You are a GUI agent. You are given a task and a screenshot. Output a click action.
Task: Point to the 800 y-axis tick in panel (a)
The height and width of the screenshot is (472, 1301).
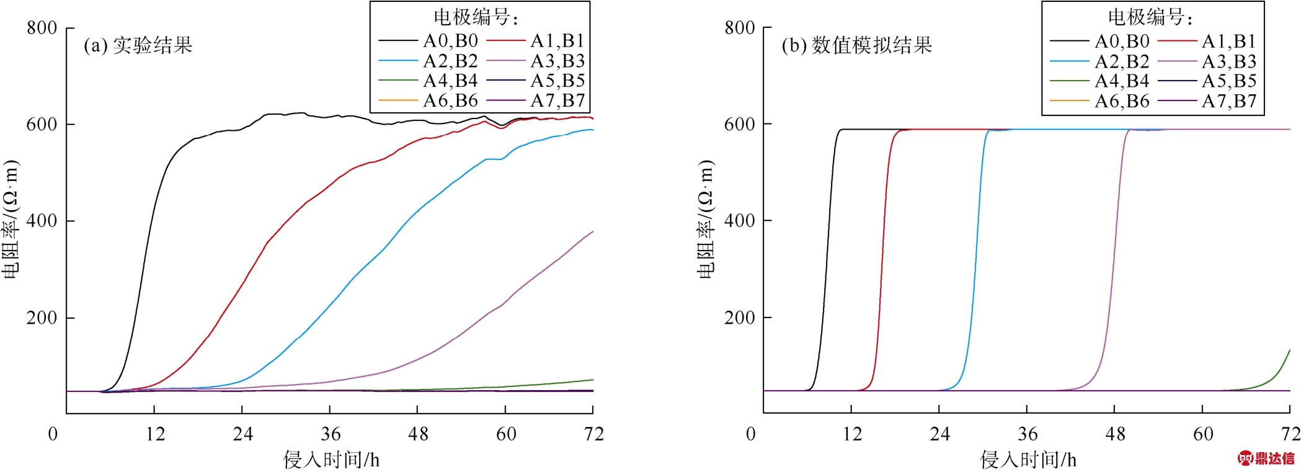(x=42, y=28)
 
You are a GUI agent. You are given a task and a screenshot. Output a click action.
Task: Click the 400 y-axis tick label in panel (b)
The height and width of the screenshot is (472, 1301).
(x=739, y=221)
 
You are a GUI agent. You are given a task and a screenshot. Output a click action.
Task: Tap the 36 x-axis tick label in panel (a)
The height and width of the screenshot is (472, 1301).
(x=331, y=434)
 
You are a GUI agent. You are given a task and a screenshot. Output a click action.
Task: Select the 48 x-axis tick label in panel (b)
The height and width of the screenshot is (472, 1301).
(x=1115, y=434)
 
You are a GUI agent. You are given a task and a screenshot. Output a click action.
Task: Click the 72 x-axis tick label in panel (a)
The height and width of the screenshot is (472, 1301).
(x=593, y=434)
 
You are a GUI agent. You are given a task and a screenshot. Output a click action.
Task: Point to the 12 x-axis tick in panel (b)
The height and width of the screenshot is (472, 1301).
(x=852, y=434)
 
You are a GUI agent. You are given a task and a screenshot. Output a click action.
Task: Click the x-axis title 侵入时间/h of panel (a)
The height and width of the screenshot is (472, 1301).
(x=331, y=460)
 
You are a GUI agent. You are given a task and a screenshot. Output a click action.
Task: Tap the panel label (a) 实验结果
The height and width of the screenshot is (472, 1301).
(x=138, y=45)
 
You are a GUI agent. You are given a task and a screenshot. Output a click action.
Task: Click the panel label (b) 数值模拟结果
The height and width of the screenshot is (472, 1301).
(x=856, y=45)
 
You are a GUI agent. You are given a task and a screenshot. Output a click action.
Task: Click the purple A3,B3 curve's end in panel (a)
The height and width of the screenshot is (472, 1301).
(x=592, y=232)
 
